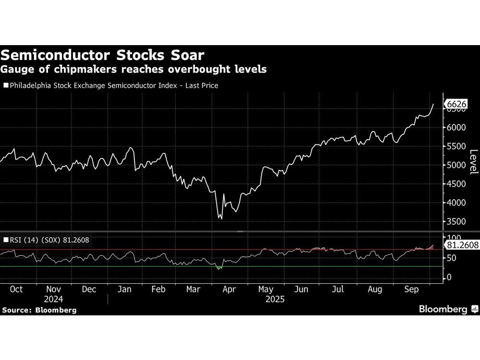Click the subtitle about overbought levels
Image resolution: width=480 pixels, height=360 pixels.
[134, 70]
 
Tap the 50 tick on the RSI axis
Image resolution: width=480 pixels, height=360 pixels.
[453, 258]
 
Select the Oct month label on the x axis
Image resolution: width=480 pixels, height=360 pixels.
[16, 289]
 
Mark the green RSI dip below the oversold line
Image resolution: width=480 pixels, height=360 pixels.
[219, 268]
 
